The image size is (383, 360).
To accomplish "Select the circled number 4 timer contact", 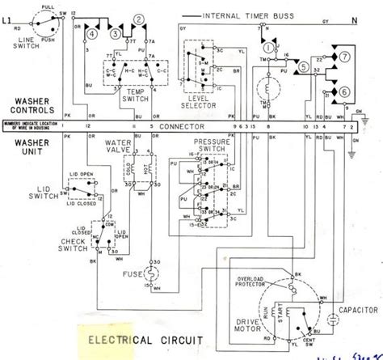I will pyautogui.click(x=94, y=34).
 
